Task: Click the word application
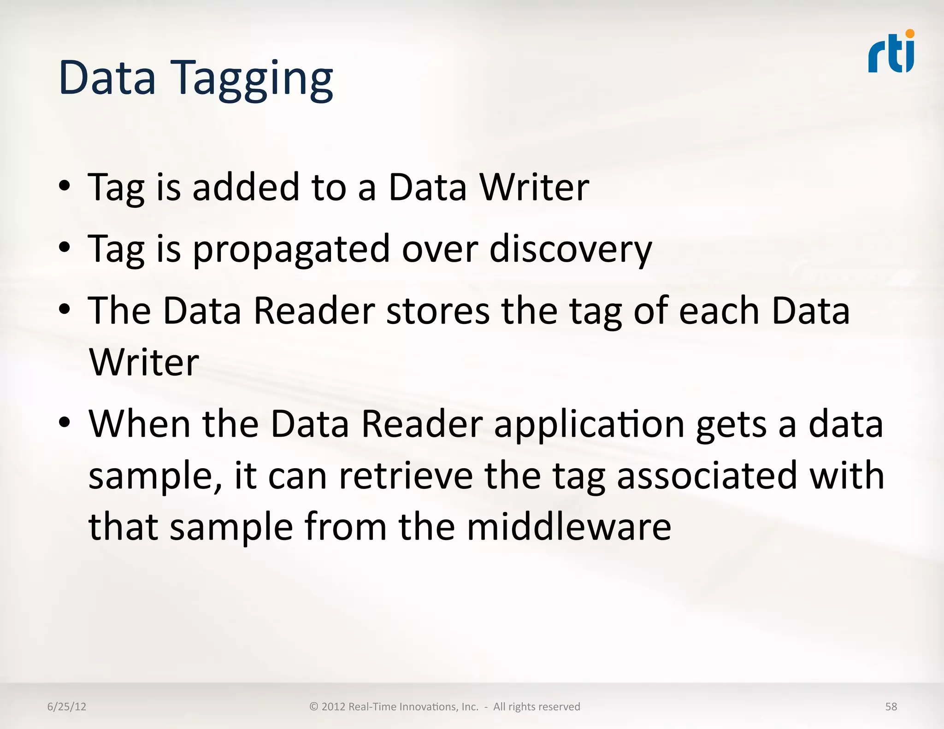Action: tap(589, 425)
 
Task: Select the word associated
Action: tap(707, 476)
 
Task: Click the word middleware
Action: tap(569, 527)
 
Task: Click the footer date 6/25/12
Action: tap(67, 706)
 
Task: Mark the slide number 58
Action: tap(891, 706)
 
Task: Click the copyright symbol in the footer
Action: tap(314, 706)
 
